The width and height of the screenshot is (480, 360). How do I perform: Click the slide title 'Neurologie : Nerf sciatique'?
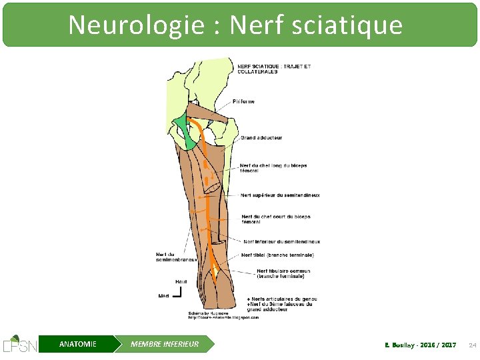(x=235, y=25)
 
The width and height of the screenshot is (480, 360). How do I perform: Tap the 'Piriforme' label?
(x=243, y=102)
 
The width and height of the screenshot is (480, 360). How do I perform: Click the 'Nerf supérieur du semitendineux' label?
(x=280, y=195)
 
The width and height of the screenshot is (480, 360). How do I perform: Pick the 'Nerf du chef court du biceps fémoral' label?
(x=275, y=219)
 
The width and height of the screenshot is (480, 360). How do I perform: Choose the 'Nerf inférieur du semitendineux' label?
(x=281, y=241)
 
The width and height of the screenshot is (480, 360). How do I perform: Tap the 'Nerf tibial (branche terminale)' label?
(x=277, y=255)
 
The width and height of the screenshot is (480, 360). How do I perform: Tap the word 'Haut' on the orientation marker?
(x=181, y=282)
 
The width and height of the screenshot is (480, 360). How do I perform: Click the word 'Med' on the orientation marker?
(x=163, y=295)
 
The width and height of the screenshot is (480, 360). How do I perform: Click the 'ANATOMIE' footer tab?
(x=77, y=344)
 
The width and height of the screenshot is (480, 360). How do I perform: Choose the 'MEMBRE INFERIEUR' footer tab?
(x=164, y=344)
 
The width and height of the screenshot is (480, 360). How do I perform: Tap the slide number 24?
(x=472, y=345)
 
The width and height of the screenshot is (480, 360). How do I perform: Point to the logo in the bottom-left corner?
(x=20, y=343)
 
